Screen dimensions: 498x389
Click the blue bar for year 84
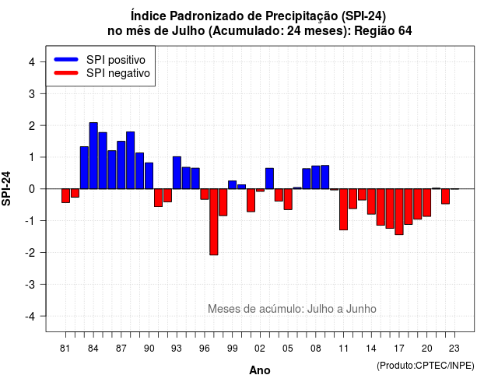(93, 156)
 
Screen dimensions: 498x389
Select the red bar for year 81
(65, 195)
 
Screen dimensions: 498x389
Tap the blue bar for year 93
(177, 173)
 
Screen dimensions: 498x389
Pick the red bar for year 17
(399, 212)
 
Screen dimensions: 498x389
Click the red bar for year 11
(344, 209)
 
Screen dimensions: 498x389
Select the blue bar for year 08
(316, 177)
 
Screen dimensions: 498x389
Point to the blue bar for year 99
(233, 185)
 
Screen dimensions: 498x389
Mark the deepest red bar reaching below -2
(214, 222)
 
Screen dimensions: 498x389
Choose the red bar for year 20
(427, 202)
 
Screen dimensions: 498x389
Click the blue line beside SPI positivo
(66, 59)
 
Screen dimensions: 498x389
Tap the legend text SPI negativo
(118, 73)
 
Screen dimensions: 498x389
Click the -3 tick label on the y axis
(30, 284)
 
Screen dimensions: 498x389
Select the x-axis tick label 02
(260, 349)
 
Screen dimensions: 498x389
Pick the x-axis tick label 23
(454, 349)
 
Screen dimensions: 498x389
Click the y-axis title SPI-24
(6, 188)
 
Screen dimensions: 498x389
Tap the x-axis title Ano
(260, 370)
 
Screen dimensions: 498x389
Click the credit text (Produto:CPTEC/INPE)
(426, 366)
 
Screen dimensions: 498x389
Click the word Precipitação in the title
(302, 16)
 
